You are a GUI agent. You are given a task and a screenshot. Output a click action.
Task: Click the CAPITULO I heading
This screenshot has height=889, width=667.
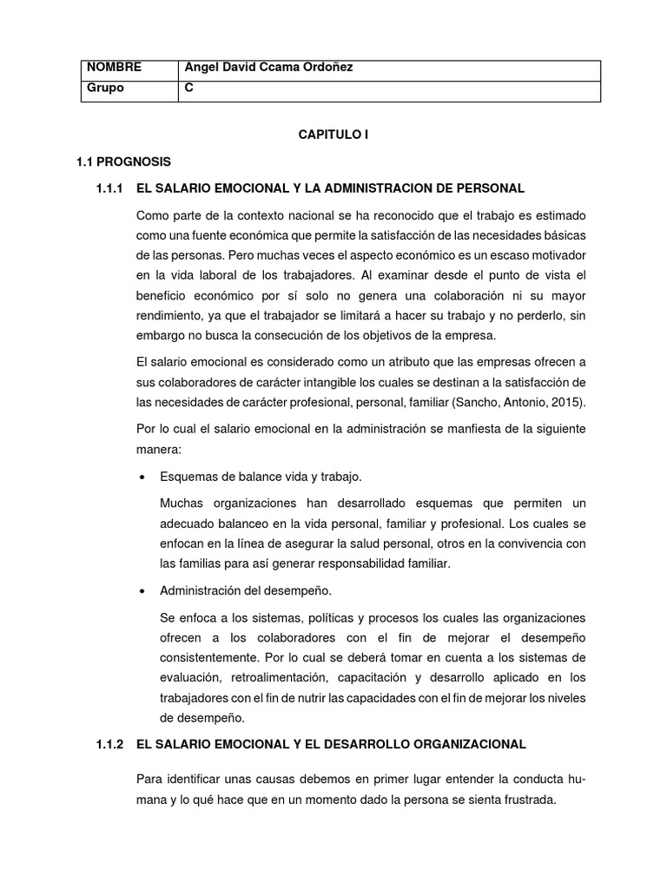click(x=334, y=135)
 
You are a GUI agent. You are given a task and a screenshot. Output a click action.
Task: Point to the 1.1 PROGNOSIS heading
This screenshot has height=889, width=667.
click(x=123, y=161)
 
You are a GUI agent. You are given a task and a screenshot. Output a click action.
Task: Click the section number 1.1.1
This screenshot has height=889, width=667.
click(x=112, y=188)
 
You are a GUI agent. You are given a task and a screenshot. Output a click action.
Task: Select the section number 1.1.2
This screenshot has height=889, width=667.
click(x=112, y=744)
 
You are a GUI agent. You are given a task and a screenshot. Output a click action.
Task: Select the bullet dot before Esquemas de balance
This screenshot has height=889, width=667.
click(x=141, y=477)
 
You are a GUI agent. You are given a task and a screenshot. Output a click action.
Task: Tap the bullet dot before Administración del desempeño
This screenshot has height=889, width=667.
click(x=141, y=592)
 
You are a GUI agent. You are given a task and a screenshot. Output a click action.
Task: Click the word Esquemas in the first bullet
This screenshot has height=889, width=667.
click(x=188, y=477)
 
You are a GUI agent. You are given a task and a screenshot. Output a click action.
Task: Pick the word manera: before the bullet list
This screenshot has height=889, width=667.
click(x=159, y=450)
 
